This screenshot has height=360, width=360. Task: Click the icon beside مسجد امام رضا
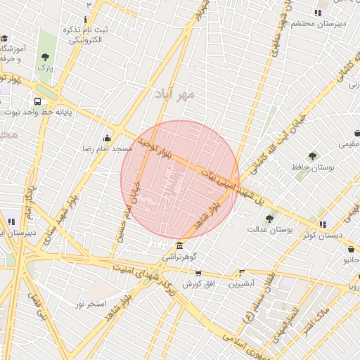coord(107,139)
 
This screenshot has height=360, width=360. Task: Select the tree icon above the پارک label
coord(46,57)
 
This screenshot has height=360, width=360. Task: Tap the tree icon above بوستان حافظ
coord(312,156)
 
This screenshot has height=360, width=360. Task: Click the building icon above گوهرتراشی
coord(181,245)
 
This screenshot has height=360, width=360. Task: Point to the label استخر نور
coord(91,304)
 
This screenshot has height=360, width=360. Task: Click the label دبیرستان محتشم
coord(319,22)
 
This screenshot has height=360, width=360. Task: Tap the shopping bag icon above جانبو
coord(351,249)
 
